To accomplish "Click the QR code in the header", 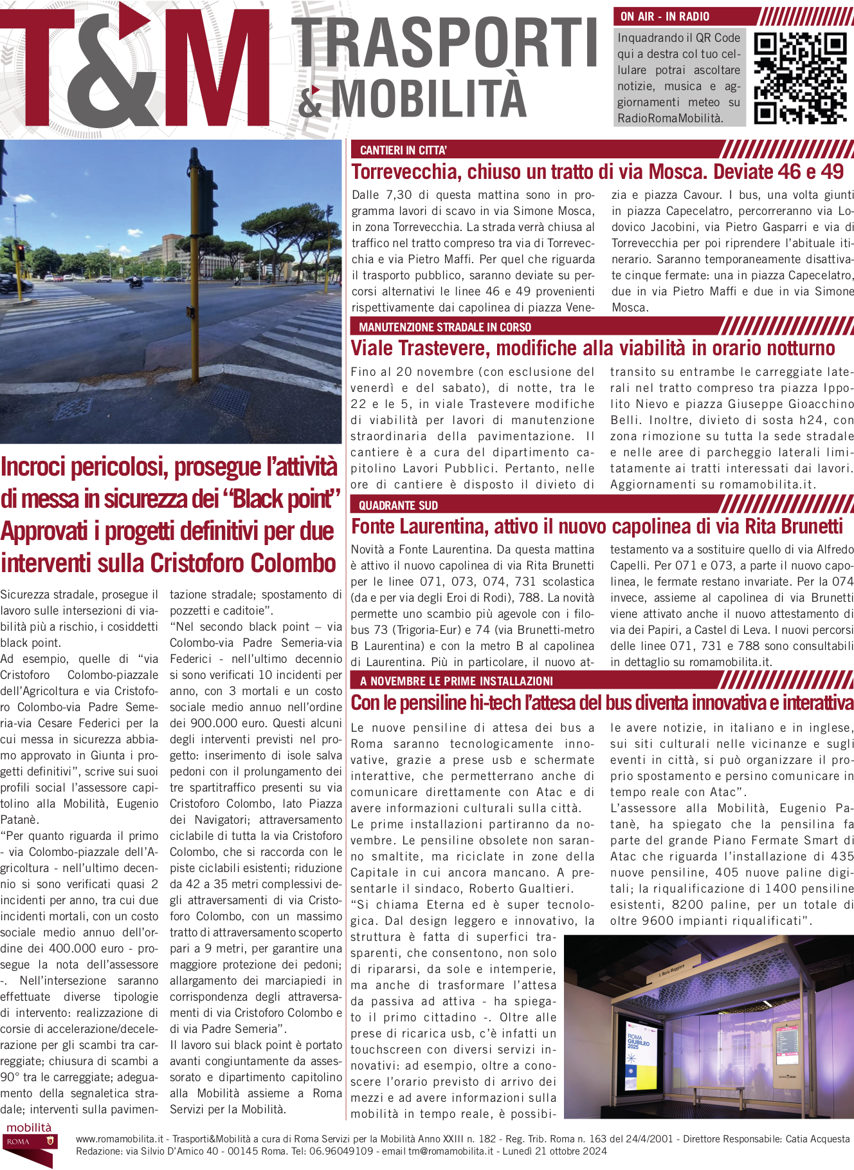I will point(799,78).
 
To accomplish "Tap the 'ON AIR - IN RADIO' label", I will point(665,17).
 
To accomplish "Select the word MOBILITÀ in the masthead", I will point(429,98).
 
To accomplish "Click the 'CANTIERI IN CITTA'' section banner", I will point(403,151).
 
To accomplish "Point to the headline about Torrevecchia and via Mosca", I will point(597,172).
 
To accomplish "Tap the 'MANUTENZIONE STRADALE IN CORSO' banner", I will point(445,327).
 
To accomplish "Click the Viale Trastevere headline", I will point(592,348).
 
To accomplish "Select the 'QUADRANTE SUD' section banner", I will point(398,505).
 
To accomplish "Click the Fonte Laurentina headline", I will point(596,526).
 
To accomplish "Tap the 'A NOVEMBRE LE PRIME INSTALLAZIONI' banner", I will point(456,681).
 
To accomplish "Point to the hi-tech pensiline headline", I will point(601,703).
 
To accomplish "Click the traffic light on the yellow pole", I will point(204,193).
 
